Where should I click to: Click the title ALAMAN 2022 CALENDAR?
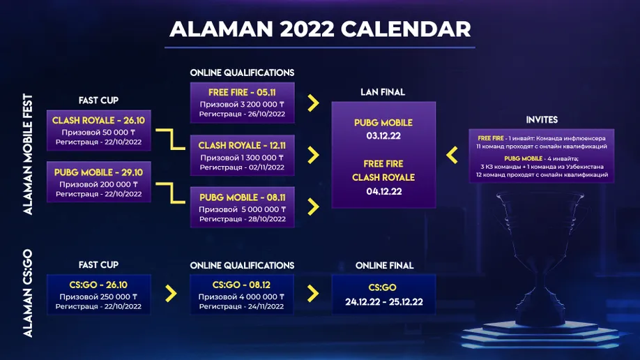coord(320,29)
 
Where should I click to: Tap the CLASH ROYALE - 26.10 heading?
coord(98,121)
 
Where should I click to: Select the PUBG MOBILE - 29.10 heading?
coord(98,172)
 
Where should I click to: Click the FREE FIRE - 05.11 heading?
coord(242,92)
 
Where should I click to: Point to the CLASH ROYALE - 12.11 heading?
coord(242,146)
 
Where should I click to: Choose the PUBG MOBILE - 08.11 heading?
coord(242,197)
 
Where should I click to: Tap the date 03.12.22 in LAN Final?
coord(383,135)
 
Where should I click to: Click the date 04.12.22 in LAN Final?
coord(383,191)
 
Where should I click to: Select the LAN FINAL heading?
coord(383,92)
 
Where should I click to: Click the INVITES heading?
coord(542,120)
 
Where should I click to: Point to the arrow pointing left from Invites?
coord(452,156)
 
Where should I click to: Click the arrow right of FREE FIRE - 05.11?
coord(313,103)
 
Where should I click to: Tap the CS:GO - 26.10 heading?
coord(98,285)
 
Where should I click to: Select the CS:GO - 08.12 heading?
coord(241,285)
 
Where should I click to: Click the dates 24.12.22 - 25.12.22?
coord(383,302)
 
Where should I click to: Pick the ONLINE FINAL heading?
coord(385,266)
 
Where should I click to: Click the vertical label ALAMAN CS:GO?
coord(27,293)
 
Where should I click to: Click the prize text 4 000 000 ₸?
coord(261,297)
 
